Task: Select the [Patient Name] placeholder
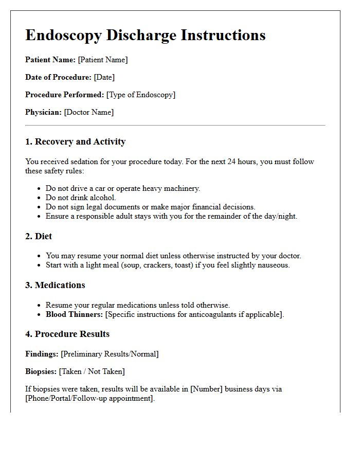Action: coord(102,60)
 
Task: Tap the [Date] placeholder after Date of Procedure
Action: coord(104,77)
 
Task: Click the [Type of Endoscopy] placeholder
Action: coord(141,95)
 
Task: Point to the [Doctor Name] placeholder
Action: coord(89,112)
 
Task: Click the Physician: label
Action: coord(44,112)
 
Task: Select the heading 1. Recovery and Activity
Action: coord(75,141)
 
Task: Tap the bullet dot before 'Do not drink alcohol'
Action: coord(39,198)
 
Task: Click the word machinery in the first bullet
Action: coord(181,188)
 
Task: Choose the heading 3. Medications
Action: coord(56,285)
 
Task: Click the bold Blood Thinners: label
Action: coord(75,314)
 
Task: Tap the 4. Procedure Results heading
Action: coord(67,334)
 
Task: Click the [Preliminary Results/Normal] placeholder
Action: coord(110,354)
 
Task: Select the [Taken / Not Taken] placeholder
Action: coord(92,371)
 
